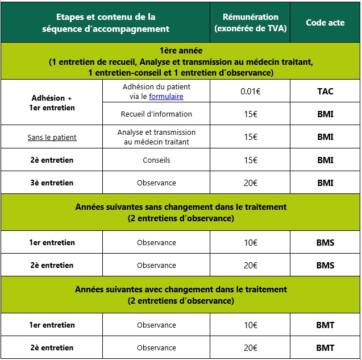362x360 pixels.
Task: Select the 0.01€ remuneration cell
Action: click(250, 91)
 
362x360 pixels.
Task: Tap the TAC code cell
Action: click(325, 91)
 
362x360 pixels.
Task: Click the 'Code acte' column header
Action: click(325, 23)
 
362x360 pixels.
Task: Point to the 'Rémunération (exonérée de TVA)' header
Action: click(250, 23)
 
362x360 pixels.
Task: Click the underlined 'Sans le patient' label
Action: click(52, 137)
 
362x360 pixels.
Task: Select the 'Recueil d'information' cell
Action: click(156, 114)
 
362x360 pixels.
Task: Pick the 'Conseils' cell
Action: click(156, 160)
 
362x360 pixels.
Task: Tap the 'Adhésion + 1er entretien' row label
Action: click(52, 103)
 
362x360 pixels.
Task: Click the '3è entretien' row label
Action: click(52, 183)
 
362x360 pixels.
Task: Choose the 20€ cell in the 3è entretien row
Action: click(250, 183)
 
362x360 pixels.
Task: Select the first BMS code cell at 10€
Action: click(325, 243)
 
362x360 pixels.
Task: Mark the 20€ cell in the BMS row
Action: click(250, 266)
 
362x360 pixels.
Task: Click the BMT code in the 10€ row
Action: click(325, 325)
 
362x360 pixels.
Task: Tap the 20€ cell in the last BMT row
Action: click(250, 348)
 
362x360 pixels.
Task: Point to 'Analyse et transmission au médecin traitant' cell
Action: click(156, 137)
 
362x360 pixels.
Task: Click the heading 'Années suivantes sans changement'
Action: click(181, 207)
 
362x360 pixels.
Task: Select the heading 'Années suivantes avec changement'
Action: click(181, 289)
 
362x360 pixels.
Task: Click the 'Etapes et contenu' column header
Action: click(106, 23)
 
